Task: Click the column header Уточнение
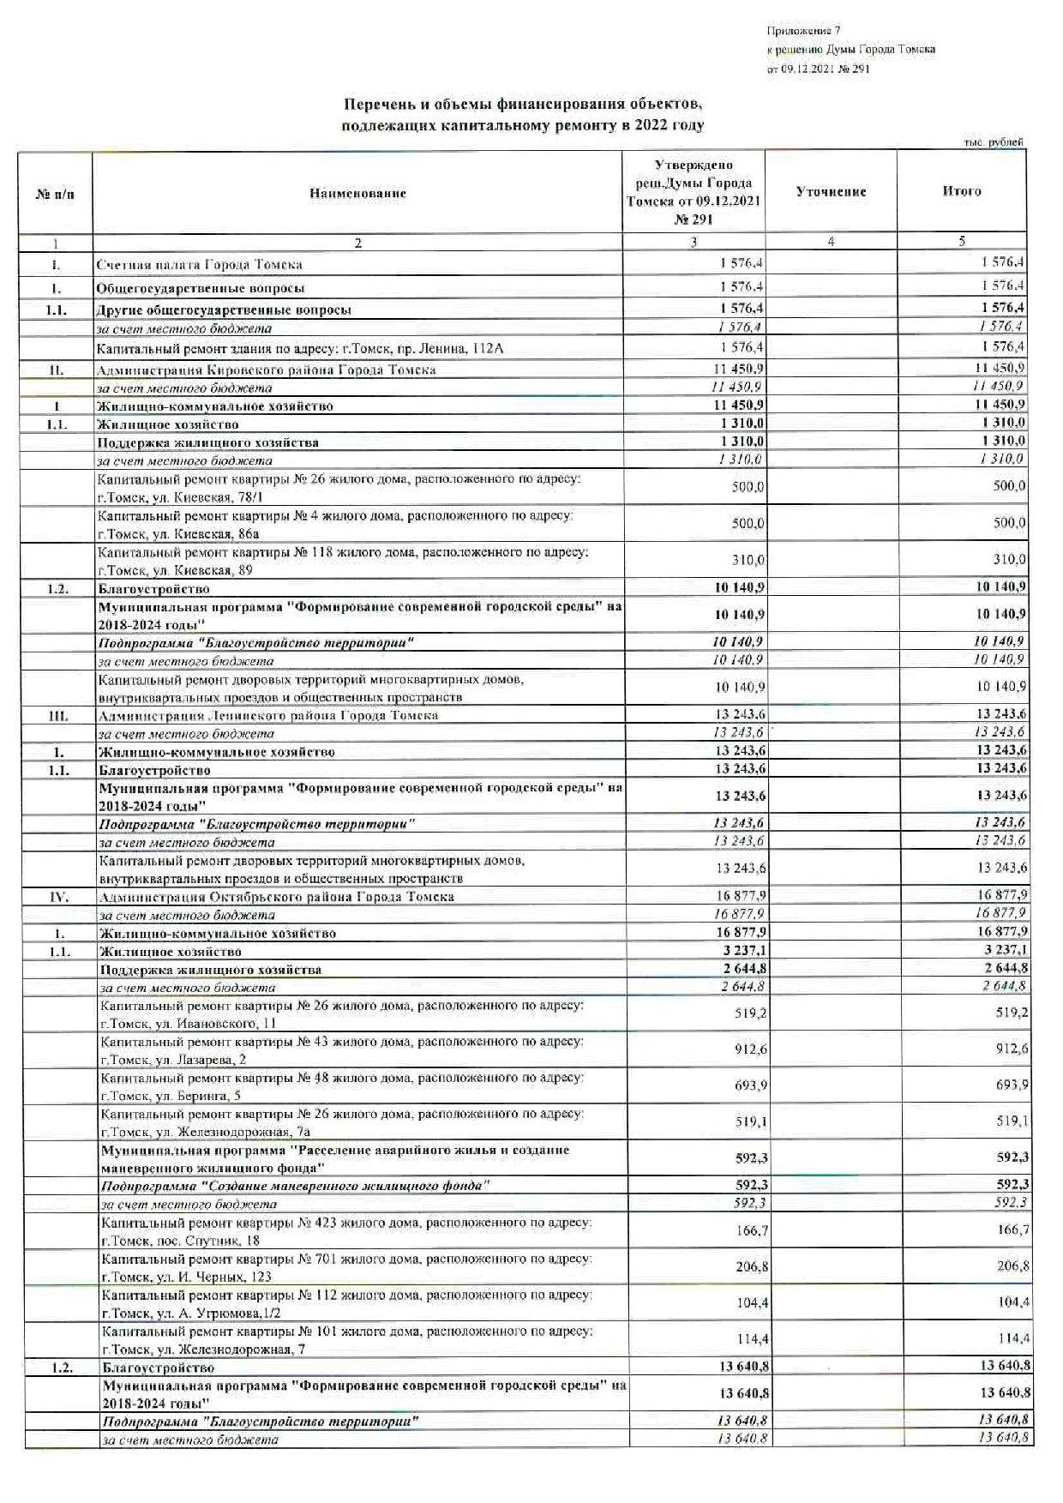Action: [x=831, y=192]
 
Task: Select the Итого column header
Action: [x=961, y=191]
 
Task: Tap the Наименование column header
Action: [x=357, y=194]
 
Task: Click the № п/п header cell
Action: [x=55, y=194]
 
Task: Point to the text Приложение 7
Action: [x=803, y=31]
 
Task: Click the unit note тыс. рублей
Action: [x=993, y=142]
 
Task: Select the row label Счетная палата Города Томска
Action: [x=199, y=264]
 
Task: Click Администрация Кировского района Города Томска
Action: [x=266, y=370]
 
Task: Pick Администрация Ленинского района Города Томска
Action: [x=267, y=715]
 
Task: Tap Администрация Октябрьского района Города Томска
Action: [x=276, y=897]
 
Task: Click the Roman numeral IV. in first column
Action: [x=58, y=897]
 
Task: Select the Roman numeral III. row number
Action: [x=57, y=715]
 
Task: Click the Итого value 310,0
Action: [x=1009, y=560]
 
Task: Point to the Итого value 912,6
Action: [x=1012, y=1049]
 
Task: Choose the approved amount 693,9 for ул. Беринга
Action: [x=750, y=1085]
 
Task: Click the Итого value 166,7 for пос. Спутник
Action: [x=1014, y=1229]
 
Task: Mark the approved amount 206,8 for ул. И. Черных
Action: [x=752, y=1266]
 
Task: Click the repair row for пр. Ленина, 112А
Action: [x=300, y=348]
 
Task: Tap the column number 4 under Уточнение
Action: [x=831, y=243]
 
